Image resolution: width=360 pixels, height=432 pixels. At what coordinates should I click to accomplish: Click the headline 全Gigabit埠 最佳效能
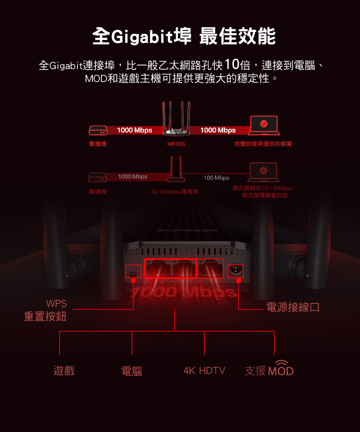184,36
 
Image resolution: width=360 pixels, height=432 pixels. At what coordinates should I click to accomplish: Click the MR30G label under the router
176,144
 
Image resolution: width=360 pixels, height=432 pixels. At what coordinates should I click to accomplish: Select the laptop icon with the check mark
264,125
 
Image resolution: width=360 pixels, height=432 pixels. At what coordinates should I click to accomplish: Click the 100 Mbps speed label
217,178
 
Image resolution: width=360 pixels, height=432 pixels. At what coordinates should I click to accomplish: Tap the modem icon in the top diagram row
98,130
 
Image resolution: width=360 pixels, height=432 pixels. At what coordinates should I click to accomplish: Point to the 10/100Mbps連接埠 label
175,191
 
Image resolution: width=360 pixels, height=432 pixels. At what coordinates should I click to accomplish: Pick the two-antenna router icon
176,168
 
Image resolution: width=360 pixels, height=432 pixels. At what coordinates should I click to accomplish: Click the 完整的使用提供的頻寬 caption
263,144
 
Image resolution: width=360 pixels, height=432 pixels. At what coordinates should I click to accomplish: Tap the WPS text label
56,304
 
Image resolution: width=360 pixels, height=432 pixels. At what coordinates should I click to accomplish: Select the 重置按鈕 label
45,317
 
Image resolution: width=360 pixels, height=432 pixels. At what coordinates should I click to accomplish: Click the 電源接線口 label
293,308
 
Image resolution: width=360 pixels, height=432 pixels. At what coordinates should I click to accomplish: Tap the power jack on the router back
236,271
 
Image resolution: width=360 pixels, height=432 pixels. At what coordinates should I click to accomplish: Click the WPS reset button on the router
133,272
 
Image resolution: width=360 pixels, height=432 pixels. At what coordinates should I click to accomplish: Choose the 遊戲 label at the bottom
64,371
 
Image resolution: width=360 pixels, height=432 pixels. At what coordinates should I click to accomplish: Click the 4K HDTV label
204,371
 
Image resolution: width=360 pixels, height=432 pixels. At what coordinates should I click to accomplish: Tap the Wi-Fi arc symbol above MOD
281,362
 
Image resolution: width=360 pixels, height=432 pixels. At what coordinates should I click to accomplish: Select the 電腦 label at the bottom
132,371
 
